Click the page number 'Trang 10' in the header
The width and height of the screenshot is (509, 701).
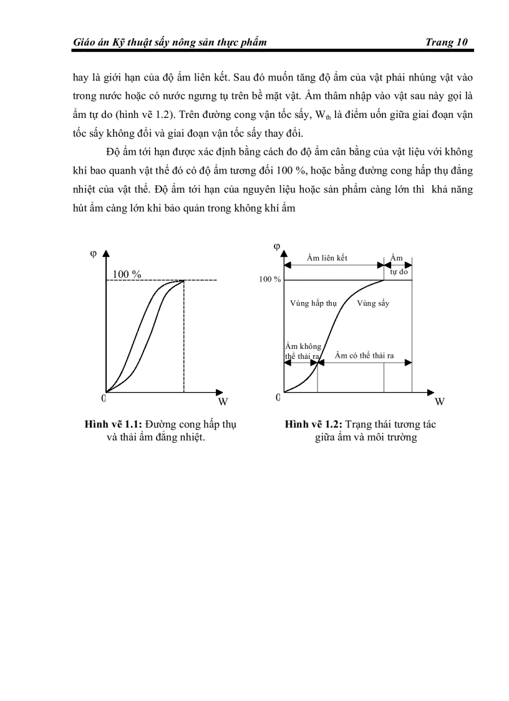pyautogui.click(x=446, y=42)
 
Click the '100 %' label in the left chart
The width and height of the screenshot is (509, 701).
pyautogui.click(x=127, y=274)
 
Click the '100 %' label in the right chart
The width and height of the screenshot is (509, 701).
pyautogui.click(x=270, y=280)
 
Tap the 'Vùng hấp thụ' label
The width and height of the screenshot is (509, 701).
pyautogui.click(x=314, y=303)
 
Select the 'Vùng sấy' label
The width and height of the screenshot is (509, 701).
pyautogui.click(x=373, y=303)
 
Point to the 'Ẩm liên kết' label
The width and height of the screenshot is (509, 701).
pyautogui.click(x=327, y=258)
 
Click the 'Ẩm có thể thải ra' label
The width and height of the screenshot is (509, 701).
pyautogui.click(x=364, y=355)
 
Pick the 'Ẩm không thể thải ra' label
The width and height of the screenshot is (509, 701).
pyautogui.click(x=303, y=351)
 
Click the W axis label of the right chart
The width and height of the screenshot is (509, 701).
pyautogui.click(x=439, y=401)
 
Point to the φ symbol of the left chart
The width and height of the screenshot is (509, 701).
pyautogui.click(x=93, y=253)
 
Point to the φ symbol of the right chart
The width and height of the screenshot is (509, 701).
pyautogui.click(x=276, y=246)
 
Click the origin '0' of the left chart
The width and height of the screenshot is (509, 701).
pyautogui.click(x=104, y=398)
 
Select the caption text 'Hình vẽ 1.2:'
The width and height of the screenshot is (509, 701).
pyautogui.click(x=309, y=424)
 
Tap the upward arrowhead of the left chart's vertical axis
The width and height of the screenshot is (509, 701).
pyautogui.click(x=106, y=253)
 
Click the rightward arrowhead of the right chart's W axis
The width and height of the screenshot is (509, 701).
pyautogui.click(x=430, y=392)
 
